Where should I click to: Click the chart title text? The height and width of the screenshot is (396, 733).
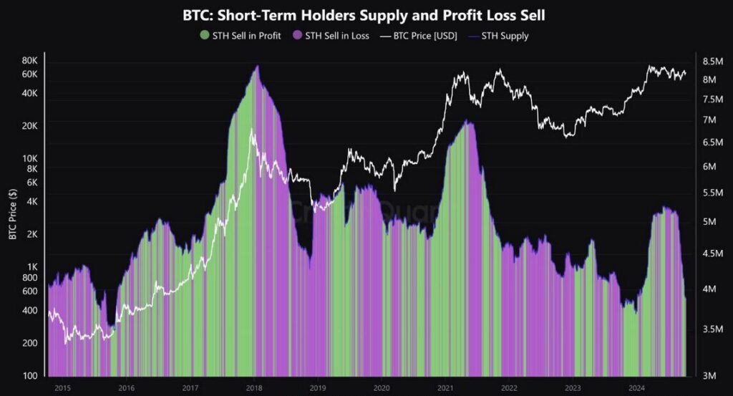366,14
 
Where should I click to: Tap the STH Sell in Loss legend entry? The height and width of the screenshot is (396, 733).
336,35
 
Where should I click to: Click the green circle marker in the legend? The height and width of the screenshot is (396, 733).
205,35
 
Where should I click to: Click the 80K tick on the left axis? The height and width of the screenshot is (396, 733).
29,61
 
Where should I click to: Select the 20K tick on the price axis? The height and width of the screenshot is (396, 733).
29,126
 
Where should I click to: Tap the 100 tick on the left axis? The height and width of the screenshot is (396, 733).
31,376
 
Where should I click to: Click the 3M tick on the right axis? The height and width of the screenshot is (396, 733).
709,376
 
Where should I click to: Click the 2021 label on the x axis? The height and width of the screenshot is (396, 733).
445,388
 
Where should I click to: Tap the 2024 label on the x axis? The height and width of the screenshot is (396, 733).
636,388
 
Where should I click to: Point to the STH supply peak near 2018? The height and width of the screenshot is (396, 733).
257,67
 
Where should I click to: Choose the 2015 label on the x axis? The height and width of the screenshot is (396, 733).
62,388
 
